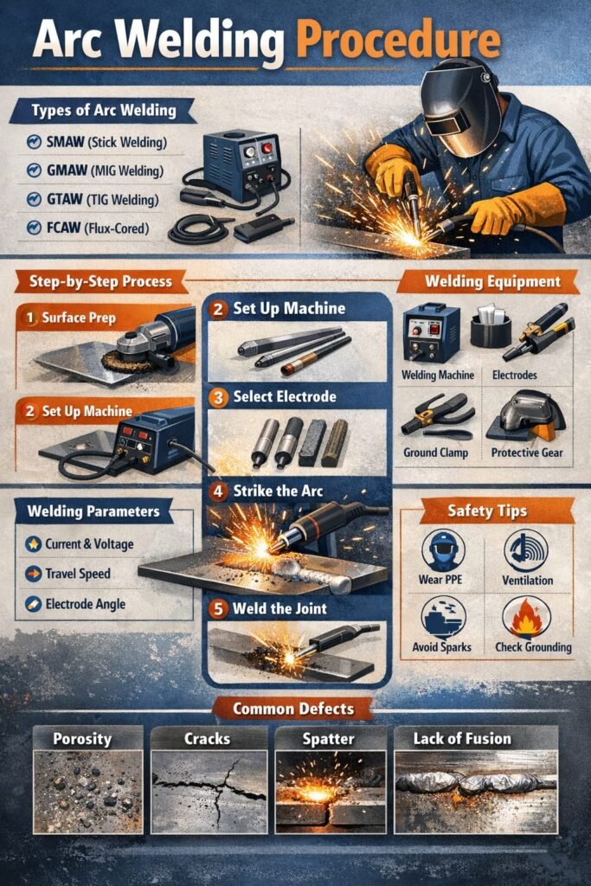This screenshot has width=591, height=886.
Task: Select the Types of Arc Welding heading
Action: click(104, 110)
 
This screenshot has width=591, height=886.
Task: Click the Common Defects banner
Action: click(293, 709)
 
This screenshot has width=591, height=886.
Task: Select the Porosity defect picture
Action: click(87, 792)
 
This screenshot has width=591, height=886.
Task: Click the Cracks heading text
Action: click(208, 739)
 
